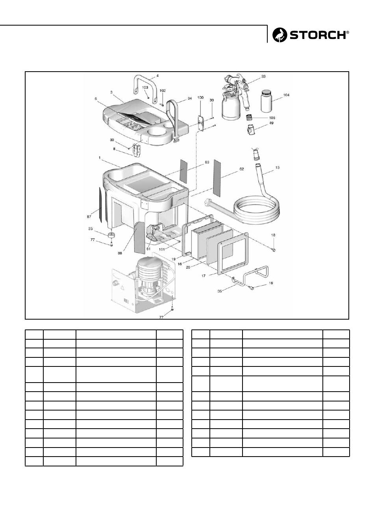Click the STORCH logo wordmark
[x=319, y=35]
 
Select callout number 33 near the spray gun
[x=263, y=77]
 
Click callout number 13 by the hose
[x=278, y=168]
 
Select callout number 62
[x=241, y=169]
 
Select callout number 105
[x=272, y=118]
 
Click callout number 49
[x=272, y=123]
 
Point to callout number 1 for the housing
[x=100, y=157]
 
